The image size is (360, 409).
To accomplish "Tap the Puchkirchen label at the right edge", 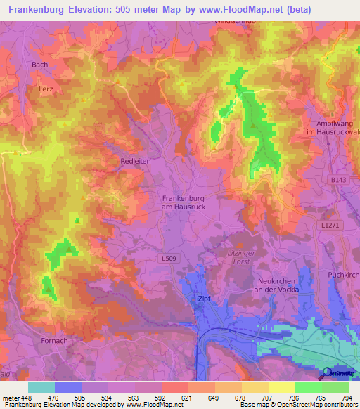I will (344, 274).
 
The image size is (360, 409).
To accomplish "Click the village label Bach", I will (40, 65).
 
